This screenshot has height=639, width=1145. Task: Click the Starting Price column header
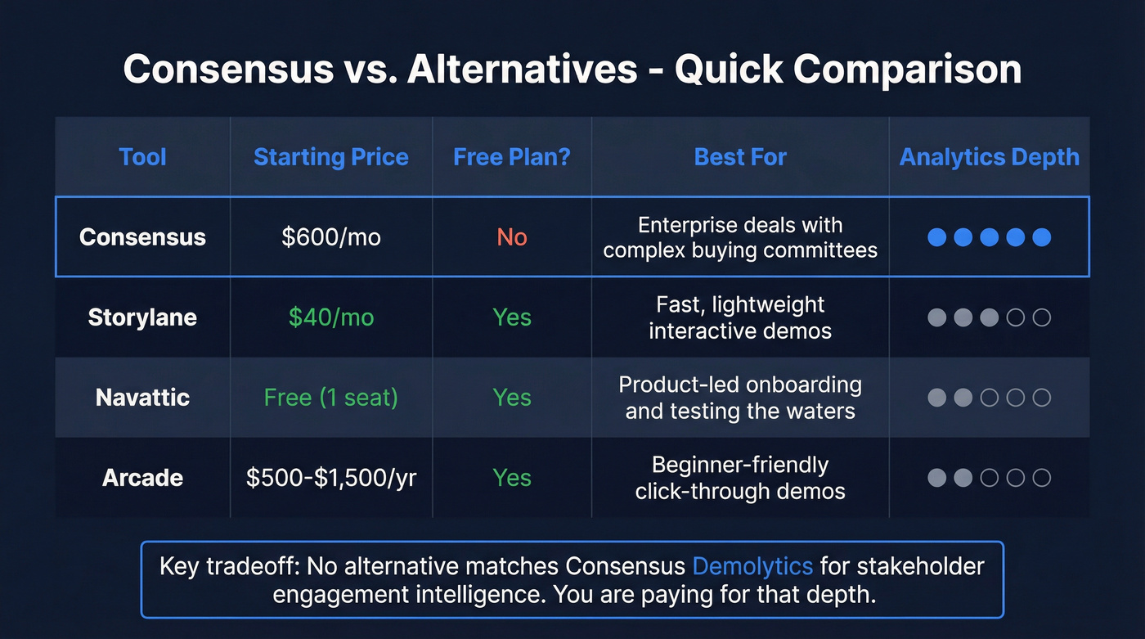[330, 157]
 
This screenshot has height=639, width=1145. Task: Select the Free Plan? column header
[511, 157]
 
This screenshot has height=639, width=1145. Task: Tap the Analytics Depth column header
[989, 157]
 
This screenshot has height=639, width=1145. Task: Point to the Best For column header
[740, 157]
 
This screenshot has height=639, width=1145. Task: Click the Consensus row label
[142, 237]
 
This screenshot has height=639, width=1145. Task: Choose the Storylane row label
[142, 317]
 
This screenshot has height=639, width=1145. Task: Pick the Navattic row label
[142, 398]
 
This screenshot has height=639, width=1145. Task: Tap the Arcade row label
[142, 478]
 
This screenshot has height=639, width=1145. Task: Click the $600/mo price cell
[330, 237]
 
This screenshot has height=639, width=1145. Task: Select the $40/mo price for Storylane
[330, 317]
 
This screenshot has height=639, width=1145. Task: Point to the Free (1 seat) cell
[330, 398]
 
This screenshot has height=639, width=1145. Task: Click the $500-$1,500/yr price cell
[330, 478]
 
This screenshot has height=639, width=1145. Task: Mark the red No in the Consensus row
[512, 237]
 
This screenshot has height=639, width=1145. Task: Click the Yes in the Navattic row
[512, 398]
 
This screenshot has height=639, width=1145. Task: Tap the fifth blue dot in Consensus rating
[1041, 237]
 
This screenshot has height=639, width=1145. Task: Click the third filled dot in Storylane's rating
[989, 317]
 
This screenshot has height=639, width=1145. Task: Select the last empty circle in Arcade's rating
[1041, 478]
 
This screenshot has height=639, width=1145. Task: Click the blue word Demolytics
[752, 566]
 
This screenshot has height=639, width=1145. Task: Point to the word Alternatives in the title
[523, 70]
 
